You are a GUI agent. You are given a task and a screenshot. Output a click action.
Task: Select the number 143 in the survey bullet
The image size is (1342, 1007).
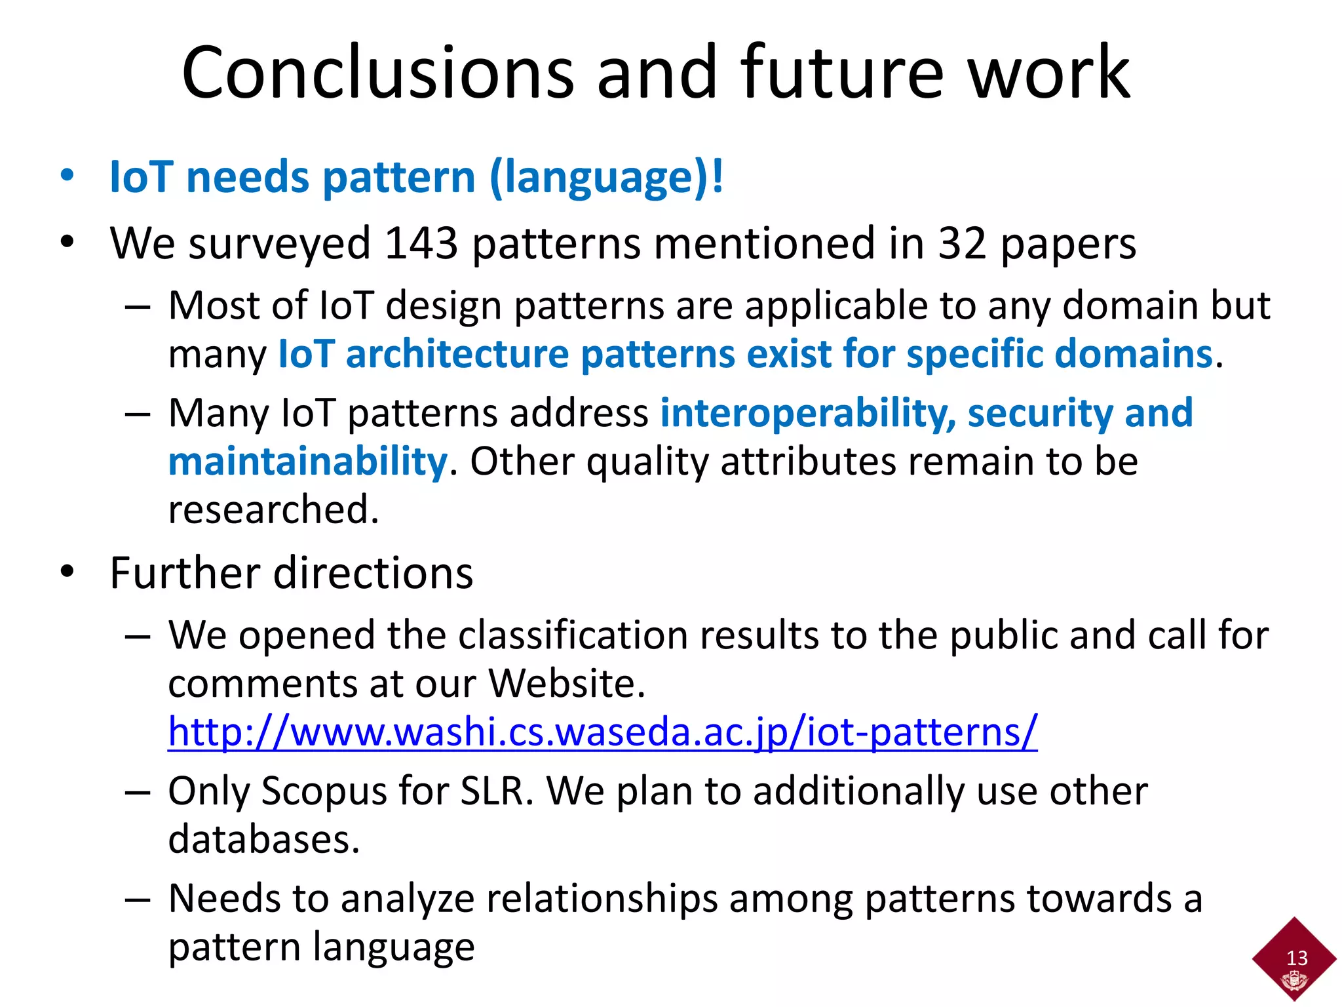[x=421, y=244]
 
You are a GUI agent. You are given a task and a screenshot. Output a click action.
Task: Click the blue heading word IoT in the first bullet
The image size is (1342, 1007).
[x=141, y=177]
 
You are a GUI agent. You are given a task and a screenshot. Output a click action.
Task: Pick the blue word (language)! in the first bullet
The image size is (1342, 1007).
[x=606, y=178]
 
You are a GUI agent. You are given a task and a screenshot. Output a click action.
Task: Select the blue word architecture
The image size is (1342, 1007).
[x=457, y=354]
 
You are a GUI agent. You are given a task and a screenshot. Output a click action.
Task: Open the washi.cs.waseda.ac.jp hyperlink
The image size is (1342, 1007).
[x=602, y=732]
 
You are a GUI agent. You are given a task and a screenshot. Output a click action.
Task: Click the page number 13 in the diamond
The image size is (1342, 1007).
[x=1297, y=958]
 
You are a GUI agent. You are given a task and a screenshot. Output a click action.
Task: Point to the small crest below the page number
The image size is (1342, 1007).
[x=1294, y=981]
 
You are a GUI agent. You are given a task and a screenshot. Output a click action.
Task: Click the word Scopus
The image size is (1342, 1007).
[x=323, y=791]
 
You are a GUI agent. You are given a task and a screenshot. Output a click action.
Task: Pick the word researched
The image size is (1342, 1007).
[x=273, y=510]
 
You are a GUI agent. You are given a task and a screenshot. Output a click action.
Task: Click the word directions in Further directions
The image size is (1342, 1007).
[x=373, y=573]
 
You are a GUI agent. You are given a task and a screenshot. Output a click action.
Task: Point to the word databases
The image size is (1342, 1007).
[x=263, y=839]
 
